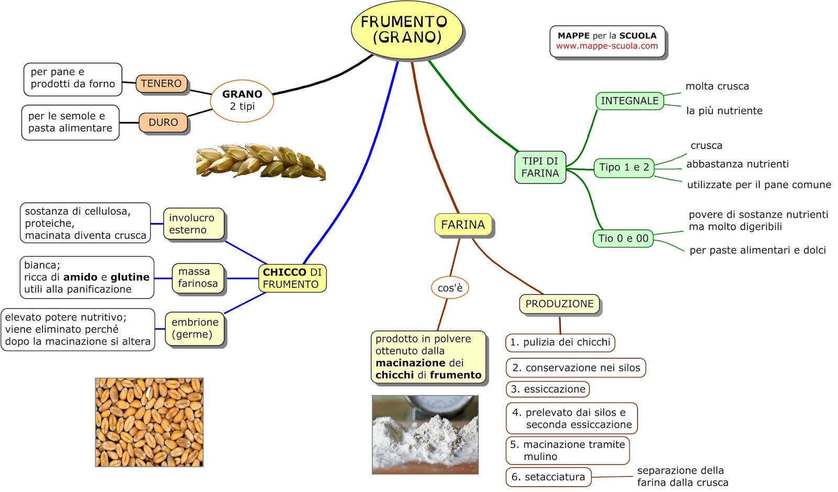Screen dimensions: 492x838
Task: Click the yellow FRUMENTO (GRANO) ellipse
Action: [x=406, y=29]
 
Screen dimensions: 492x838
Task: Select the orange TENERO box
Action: [x=161, y=84]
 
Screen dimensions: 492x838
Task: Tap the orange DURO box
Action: [x=163, y=122]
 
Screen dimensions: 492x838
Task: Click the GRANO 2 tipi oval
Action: [x=242, y=100]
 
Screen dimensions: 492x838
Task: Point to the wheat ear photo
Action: [x=260, y=162]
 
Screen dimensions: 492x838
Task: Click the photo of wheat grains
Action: [x=149, y=422]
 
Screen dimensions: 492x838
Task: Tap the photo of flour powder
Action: [x=425, y=434]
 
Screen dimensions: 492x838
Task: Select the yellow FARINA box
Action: [x=463, y=225]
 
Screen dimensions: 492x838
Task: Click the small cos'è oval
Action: [x=450, y=288]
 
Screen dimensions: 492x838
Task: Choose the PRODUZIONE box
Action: [x=559, y=304]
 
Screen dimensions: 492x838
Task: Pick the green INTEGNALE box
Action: [x=630, y=101]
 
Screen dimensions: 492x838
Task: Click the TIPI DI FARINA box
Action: [x=540, y=167]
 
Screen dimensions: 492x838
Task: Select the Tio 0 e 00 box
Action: [x=623, y=239]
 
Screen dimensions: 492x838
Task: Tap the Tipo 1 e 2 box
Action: [x=624, y=167]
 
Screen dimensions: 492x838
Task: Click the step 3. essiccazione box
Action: [x=548, y=389]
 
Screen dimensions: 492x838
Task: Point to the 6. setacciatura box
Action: [x=548, y=477]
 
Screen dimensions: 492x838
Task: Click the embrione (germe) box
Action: [x=195, y=329]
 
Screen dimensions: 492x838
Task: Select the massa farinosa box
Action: [x=197, y=278]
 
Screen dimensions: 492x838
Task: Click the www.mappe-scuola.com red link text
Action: [x=607, y=46]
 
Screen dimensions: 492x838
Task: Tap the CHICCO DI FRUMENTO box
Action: [x=292, y=278]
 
